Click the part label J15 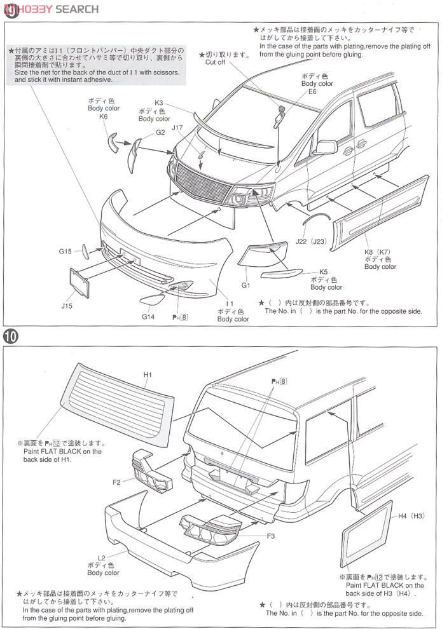coord(67,306)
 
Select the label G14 coord(148,316)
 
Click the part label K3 coord(159,102)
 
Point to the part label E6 coord(312,91)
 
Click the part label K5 coord(323,271)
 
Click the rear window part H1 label coord(147,375)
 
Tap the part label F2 coord(116,482)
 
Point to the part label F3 coord(270,536)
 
